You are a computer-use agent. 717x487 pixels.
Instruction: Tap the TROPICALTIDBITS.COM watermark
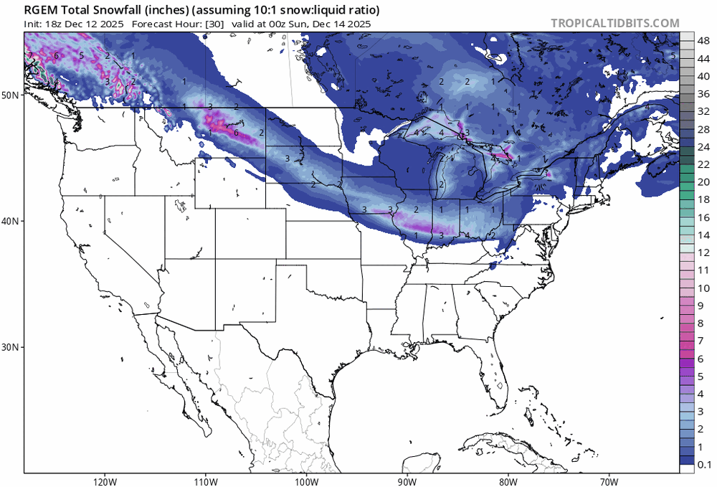pos(614,23)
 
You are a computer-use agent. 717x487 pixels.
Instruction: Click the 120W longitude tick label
pos(105,480)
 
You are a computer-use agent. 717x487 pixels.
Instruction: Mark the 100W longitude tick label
pos(306,480)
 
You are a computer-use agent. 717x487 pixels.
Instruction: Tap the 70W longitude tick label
pos(609,480)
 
